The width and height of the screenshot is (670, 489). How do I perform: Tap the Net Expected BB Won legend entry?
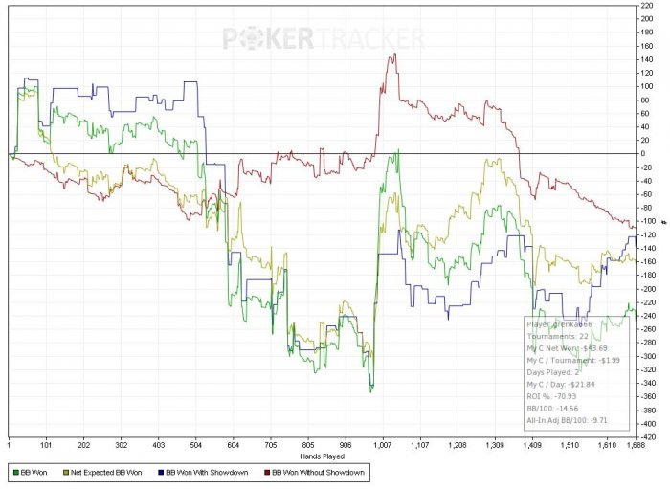(107, 472)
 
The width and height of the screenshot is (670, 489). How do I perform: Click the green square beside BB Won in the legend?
(15, 472)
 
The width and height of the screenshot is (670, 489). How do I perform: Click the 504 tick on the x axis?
(482, 444)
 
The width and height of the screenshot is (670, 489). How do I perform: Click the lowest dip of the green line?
(371, 391)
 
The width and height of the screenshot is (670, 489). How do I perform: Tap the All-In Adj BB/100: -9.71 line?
(571, 421)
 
